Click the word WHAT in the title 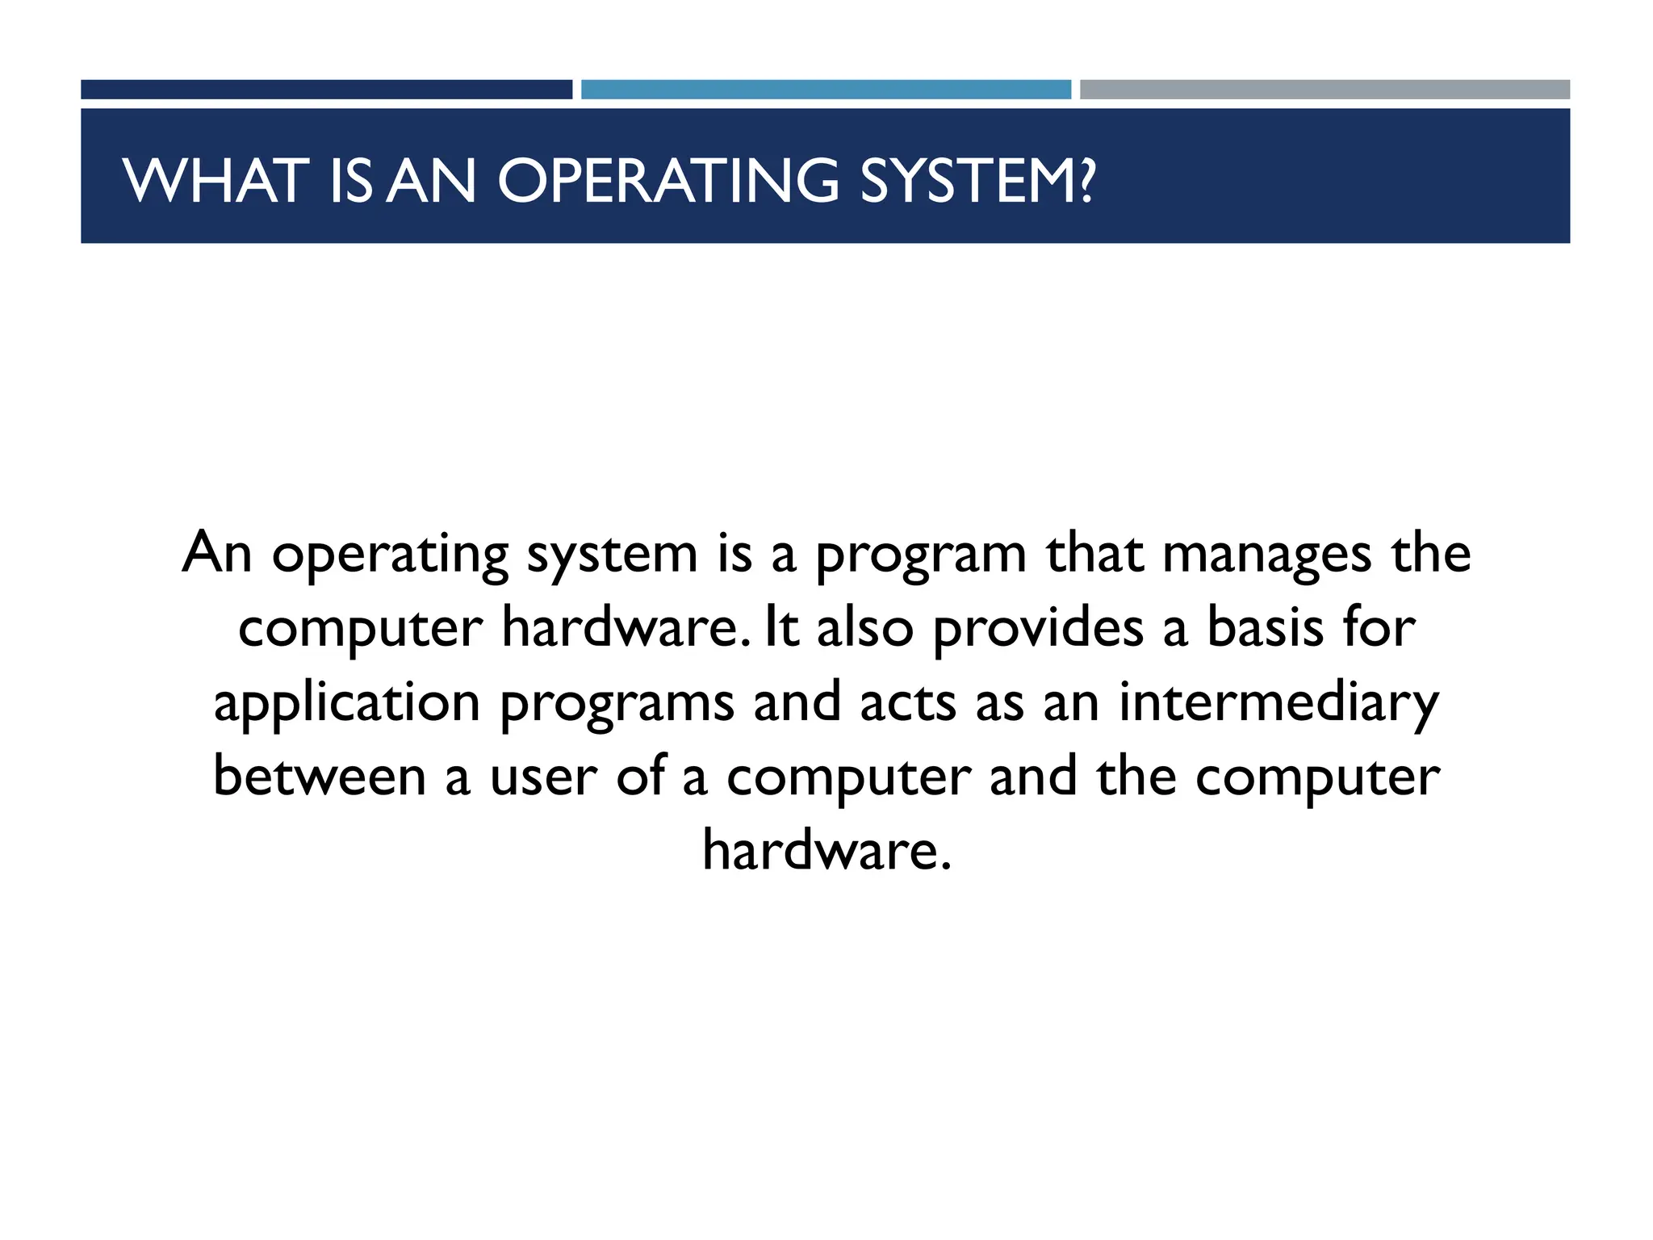coord(214,181)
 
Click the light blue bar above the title coord(826,90)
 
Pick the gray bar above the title coord(1324,90)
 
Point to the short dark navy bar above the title coord(326,90)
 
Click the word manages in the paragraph coord(1267,555)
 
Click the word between coord(319,776)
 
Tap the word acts coord(908,702)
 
